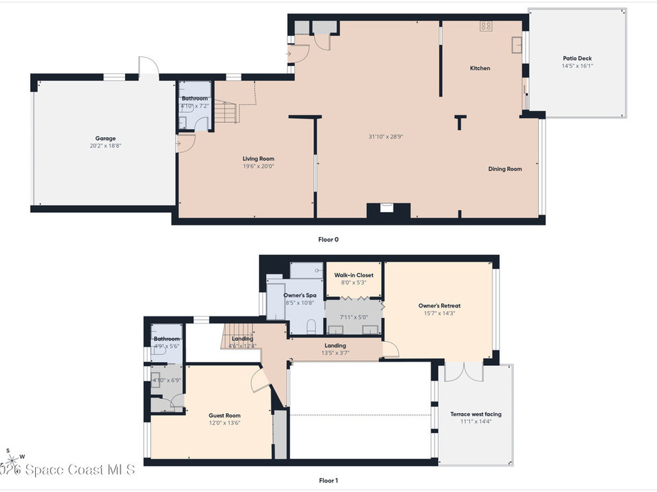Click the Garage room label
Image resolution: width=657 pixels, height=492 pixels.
point(106,138)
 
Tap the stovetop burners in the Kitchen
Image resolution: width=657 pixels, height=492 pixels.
point(486,26)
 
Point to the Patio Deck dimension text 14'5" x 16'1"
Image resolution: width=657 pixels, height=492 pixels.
point(577,66)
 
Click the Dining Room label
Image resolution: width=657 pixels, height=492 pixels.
point(505,169)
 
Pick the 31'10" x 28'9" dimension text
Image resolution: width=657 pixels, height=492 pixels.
point(386,136)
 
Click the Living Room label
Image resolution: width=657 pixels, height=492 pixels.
point(259,159)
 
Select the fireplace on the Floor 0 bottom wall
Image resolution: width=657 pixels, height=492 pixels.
point(387,209)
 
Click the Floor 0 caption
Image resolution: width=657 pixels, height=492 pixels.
point(328,240)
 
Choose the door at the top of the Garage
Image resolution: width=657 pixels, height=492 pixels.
point(148,67)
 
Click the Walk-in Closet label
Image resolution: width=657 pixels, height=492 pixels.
point(354,275)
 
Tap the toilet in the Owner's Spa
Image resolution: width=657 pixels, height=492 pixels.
point(311,328)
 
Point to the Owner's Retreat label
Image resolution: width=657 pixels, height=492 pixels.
point(439,306)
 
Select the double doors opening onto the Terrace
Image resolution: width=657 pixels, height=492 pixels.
point(463,372)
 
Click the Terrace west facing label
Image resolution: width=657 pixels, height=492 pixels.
point(476,414)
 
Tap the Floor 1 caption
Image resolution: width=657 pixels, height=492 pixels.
point(328,480)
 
